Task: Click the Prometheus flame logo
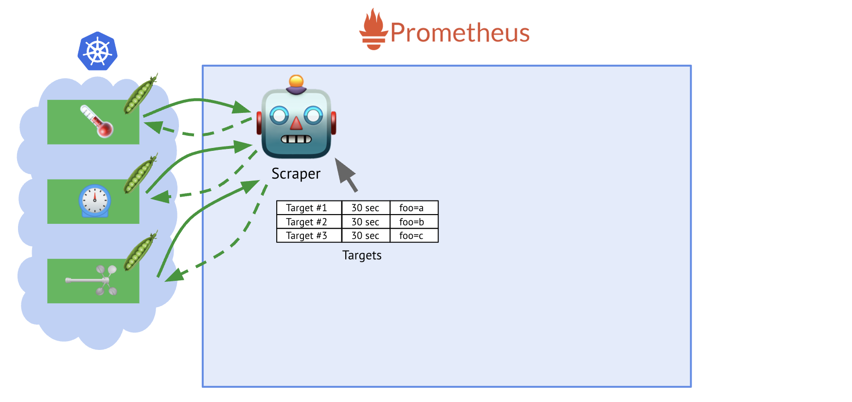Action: coord(373,30)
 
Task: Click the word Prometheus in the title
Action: coord(460,33)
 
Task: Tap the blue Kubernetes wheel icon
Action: coord(98,51)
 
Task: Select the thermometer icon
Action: coord(97,121)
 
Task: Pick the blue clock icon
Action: coord(95,201)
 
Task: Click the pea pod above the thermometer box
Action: coord(140,94)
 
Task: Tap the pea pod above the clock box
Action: coord(140,174)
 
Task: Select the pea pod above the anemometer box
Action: coord(140,251)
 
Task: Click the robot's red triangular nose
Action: coord(296,123)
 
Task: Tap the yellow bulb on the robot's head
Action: coord(296,81)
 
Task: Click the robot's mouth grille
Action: coord(296,139)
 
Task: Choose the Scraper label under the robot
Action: coord(296,174)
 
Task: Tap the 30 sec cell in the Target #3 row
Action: coord(366,236)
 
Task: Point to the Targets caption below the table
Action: coord(362,256)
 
